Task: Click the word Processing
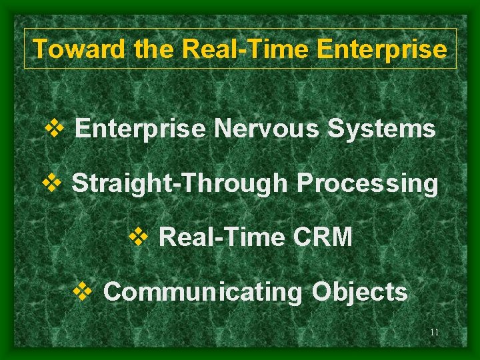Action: point(367,183)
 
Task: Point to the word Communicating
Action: point(203,292)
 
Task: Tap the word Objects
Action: point(359,291)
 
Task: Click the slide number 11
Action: point(435,332)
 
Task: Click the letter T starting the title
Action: point(40,49)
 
